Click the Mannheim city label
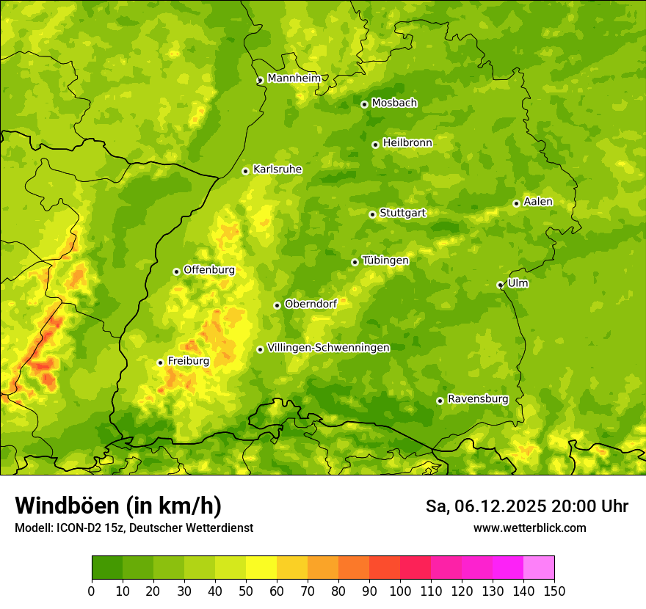pyautogui.click(x=294, y=78)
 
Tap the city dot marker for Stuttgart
pyautogui.click(x=372, y=214)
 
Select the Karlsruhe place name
pyautogui.click(x=277, y=169)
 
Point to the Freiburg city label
pyautogui.click(x=188, y=361)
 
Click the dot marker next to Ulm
pyautogui.click(x=500, y=285)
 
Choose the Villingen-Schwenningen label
pyautogui.click(x=328, y=348)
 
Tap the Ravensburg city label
pyautogui.click(x=477, y=399)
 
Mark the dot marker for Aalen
pyautogui.click(x=516, y=203)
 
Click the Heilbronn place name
pyautogui.click(x=407, y=143)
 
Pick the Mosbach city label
pyautogui.click(x=393, y=103)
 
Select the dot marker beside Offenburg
pyautogui.click(x=176, y=271)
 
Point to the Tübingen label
pyautogui.click(x=385, y=260)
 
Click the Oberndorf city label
pyautogui.click(x=311, y=304)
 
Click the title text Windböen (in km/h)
pyautogui.click(x=117, y=506)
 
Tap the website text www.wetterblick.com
pyautogui.click(x=529, y=528)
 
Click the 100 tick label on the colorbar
pyautogui.click(x=400, y=591)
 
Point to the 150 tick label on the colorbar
pyautogui.click(x=554, y=591)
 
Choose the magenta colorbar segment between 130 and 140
pyautogui.click(x=508, y=568)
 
